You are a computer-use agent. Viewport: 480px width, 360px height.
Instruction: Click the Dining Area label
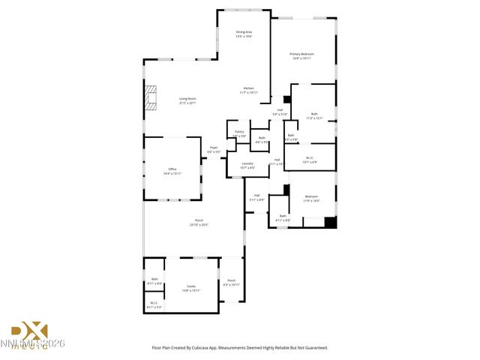[x=244, y=34]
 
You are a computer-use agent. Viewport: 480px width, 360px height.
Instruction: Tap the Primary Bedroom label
[x=301, y=55]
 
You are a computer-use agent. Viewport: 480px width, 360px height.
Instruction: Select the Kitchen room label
[x=247, y=90]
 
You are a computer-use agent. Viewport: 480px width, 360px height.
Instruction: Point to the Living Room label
[x=187, y=100]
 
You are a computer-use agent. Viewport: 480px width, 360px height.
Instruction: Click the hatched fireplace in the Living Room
[x=152, y=98]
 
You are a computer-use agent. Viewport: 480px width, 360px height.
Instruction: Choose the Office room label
[x=172, y=171]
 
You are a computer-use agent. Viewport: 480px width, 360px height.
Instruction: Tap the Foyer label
[x=213, y=149]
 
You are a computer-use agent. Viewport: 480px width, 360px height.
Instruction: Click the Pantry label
[x=238, y=133]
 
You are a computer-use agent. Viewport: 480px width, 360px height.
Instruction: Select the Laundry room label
[x=247, y=165]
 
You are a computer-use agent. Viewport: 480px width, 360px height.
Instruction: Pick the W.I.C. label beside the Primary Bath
[x=310, y=160]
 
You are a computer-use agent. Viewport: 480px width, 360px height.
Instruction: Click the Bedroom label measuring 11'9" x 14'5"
[x=311, y=199]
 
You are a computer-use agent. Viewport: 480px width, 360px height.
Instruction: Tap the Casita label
[x=190, y=288]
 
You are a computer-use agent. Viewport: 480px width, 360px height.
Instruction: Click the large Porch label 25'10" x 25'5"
[x=199, y=223]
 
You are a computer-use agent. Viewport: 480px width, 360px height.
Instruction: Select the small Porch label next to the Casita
[x=231, y=283]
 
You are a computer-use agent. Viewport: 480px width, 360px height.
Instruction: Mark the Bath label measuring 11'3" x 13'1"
[x=313, y=115]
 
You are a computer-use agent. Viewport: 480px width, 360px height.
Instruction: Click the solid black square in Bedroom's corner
[x=330, y=222]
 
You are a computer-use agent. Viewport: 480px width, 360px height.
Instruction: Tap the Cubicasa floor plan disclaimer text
[x=240, y=347]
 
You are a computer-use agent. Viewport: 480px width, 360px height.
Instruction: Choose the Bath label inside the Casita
[x=154, y=281]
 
